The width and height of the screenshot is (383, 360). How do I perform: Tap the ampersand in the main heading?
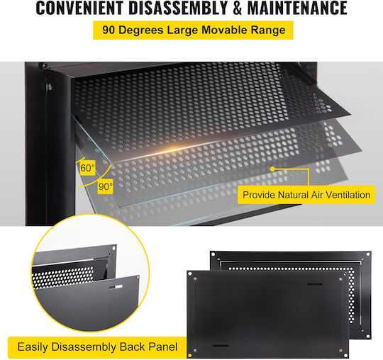tap(238, 8)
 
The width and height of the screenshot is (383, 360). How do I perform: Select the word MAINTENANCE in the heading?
tap(297, 8)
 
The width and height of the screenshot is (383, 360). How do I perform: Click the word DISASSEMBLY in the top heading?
tap(178, 8)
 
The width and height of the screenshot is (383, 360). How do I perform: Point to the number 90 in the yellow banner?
tap(109, 30)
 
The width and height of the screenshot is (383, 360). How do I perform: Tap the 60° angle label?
tap(87, 168)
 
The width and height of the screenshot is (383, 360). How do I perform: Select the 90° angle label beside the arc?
tap(106, 186)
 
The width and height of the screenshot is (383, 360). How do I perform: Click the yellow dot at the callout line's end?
tap(272, 169)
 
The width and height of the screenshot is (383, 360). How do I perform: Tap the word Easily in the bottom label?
tap(33, 347)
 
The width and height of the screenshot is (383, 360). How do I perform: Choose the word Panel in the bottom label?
tap(163, 347)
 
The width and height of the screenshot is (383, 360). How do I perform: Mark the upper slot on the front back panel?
tap(315, 284)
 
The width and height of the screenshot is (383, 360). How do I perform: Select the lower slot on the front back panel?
tap(221, 346)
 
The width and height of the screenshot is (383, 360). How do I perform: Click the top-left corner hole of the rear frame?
tap(213, 254)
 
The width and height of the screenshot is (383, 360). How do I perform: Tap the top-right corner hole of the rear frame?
tap(368, 254)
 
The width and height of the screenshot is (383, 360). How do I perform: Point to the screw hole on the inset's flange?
tap(113, 248)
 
